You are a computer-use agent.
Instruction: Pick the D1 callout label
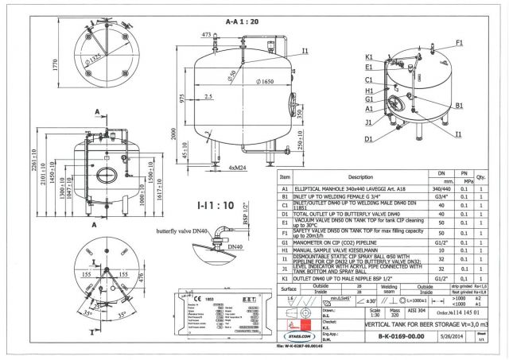click(x=369, y=139)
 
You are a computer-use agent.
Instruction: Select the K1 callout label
click(x=369, y=57)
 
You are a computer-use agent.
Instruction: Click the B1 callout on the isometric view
click(x=460, y=104)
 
